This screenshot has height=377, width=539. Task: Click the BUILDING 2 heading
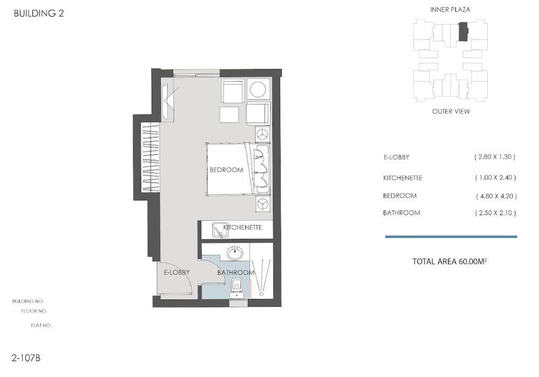click(39, 14)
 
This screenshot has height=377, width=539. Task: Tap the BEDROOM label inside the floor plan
click(226, 170)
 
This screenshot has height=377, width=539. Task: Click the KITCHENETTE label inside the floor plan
click(243, 227)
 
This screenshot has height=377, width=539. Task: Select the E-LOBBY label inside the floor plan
click(177, 272)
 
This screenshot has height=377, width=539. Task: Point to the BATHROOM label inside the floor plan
click(236, 272)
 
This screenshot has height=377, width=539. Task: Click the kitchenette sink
click(220, 230)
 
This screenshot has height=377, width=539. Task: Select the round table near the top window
click(258, 90)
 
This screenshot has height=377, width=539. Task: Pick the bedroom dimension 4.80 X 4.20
click(496, 196)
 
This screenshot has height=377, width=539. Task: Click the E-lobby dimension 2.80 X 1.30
click(495, 157)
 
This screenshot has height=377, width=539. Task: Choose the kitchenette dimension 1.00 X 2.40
click(495, 178)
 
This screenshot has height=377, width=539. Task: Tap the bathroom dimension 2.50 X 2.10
click(495, 213)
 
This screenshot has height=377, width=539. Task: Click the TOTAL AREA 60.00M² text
click(449, 261)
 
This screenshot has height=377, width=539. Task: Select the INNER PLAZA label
click(450, 9)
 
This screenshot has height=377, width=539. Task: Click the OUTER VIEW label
click(451, 111)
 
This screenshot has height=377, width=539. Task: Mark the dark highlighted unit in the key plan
click(463, 32)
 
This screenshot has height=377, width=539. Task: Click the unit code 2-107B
click(26, 358)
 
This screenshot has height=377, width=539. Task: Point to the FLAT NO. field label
click(41, 325)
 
